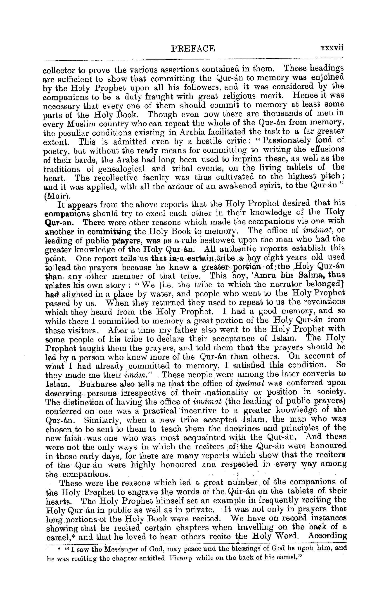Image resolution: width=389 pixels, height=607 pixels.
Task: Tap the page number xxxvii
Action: (x=332, y=48)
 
